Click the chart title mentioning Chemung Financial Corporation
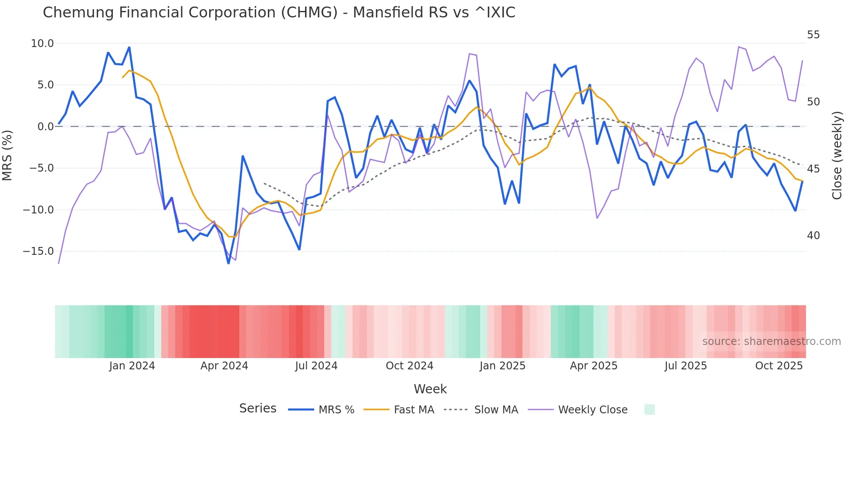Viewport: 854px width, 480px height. coord(279,13)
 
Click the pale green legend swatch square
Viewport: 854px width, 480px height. coord(649,409)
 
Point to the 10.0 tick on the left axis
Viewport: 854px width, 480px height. coord(42,44)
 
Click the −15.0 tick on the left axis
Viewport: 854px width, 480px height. coord(38,251)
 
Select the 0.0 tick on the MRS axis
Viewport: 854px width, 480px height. coord(45,127)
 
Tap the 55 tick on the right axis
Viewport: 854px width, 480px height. coord(813,35)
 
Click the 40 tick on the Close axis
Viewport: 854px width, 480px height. coord(813,236)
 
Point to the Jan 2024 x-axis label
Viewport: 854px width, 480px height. coord(132,366)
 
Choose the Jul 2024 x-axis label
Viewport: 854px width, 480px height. coord(316,366)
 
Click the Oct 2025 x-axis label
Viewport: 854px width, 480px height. coord(779,366)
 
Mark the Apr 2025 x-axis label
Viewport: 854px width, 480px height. coord(593,366)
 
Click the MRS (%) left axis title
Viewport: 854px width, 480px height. coord(7,155)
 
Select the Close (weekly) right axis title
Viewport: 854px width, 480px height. coord(837,155)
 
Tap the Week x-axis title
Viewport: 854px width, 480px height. coord(430,389)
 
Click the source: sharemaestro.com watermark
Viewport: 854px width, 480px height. coord(771,341)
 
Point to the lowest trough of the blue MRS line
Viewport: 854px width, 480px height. coord(228,263)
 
